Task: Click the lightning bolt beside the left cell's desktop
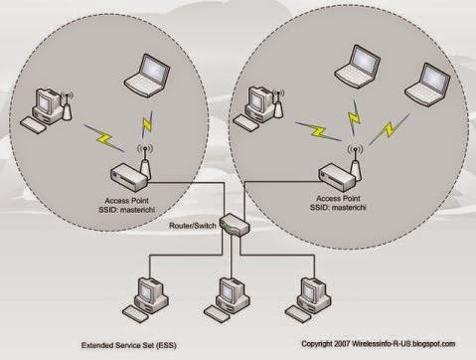coord(98,135)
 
